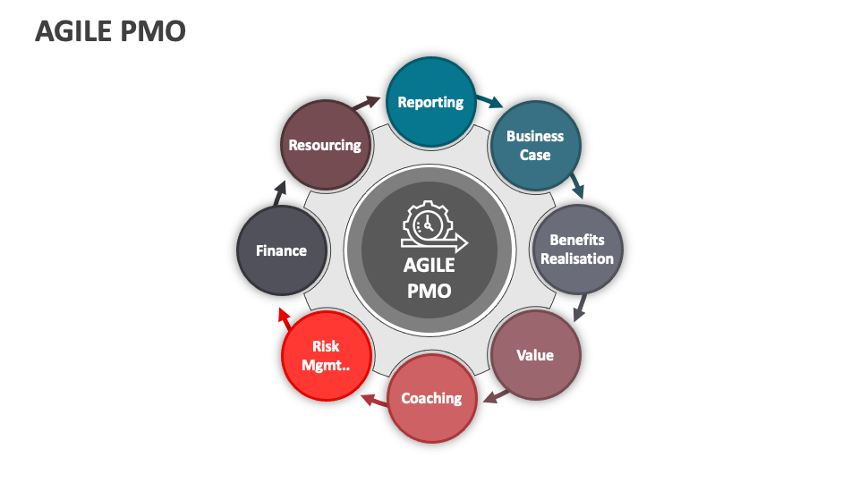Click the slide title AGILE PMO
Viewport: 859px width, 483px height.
pyautogui.click(x=110, y=32)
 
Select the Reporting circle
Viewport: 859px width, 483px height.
pyautogui.click(x=430, y=102)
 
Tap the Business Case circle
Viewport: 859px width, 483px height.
pyautogui.click(x=535, y=146)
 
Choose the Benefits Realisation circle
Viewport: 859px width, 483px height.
pyautogui.click(x=577, y=250)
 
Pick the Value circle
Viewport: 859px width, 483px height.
pyautogui.click(x=535, y=355)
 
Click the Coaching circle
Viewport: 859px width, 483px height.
pyautogui.click(x=431, y=398)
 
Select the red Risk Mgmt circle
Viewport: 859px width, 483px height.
pyautogui.click(x=327, y=355)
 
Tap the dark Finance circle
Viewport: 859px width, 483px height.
pyautogui.click(x=282, y=250)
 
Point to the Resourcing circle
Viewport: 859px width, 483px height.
pyautogui.click(x=325, y=145)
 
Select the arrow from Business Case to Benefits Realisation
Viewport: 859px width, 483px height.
pyautogui.click(x=577, y=185)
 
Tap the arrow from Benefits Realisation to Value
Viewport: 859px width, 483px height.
pyautogui.click(x=579, y=309)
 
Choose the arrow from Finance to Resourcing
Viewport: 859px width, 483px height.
pyautogui.click(x=281, y=192)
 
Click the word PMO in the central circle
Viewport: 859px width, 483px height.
pyautogui.click(x=429, y=291)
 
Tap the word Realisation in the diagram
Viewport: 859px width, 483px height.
pyautogui.click(x=577, y=258)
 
